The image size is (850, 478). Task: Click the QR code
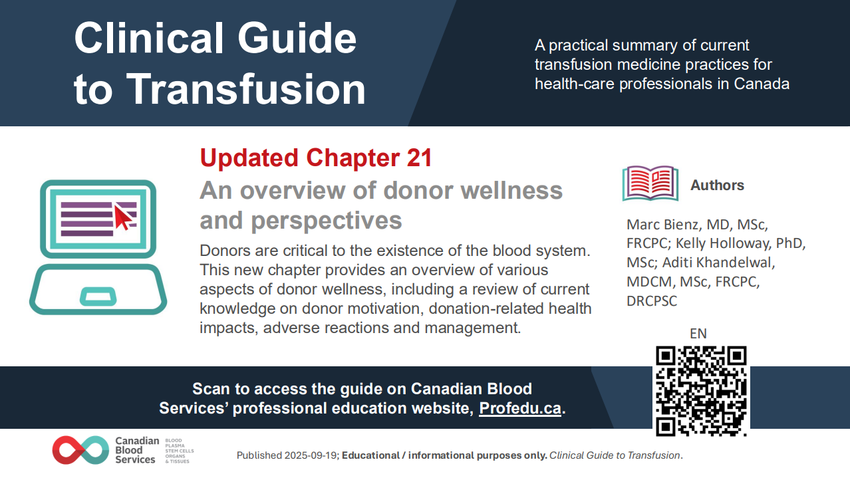coord(701,391)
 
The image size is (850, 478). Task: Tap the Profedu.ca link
coord(520,408)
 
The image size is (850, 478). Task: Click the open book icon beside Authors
coord(650,183)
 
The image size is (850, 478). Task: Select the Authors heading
coord(717,185)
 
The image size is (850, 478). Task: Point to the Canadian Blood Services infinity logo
coord(80,450)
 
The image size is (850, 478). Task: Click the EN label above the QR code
coord(698,334)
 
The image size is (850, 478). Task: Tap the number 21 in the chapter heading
coord(418,158)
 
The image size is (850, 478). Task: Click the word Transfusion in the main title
coord(246,88)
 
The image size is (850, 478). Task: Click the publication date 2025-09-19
coord(309,455)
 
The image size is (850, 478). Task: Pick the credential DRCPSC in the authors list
coord(652,300)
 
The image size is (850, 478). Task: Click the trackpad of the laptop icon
coord(98,295)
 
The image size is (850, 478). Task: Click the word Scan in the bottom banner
coord(210,389)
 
